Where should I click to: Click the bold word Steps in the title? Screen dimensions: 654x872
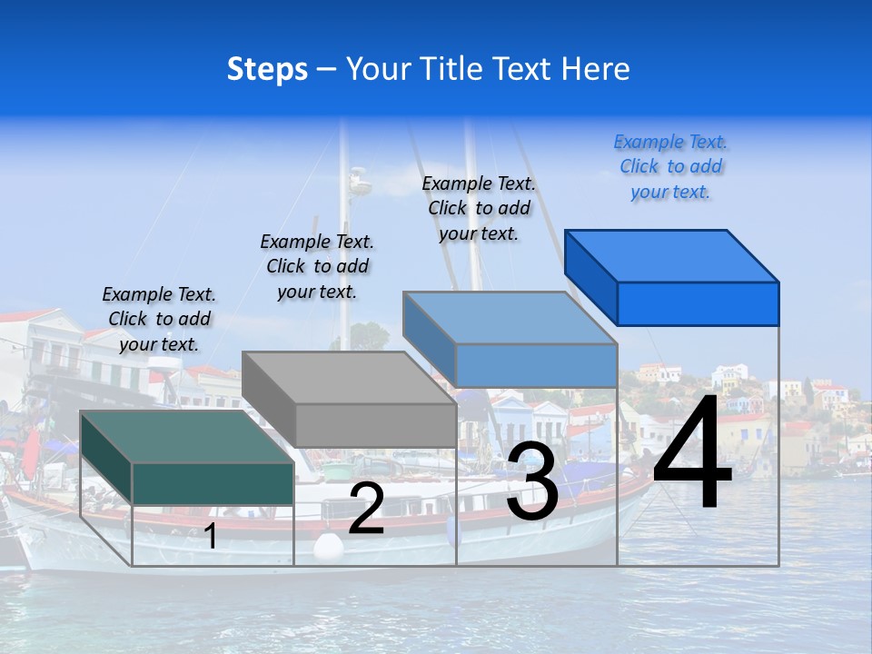point(267,69)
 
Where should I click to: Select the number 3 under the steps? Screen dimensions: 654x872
point(532,483)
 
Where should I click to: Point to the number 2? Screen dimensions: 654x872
point(366,509)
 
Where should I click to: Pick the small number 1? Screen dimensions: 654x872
point(211,537)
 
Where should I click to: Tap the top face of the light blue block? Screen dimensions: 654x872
point(510,318)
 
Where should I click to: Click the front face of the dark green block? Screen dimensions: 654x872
point(213,483)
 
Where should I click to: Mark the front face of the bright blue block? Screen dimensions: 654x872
point(698,303)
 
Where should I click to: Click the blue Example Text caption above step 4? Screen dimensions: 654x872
point(670,167)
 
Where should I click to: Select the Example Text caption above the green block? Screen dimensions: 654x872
point(159,319)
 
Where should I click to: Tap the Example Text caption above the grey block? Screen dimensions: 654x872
point(317,266)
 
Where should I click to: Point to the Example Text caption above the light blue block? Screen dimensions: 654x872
point(479,208)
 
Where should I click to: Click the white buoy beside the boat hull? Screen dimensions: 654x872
point(328,545)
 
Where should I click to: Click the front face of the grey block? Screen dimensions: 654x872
point(375,425)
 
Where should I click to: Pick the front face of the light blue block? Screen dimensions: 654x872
point(536,365)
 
